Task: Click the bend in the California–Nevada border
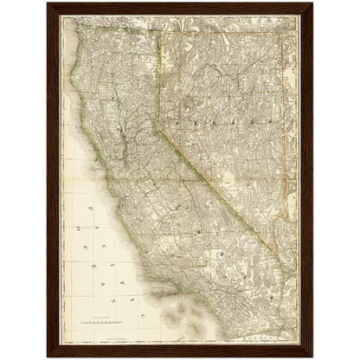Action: tap(155, 128)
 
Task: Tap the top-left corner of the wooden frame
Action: tap(48, 3)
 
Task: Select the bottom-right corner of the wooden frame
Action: tap(312, 357)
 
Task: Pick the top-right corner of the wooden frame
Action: tap(312, 3)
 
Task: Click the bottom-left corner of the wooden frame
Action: tap(48, 357)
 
